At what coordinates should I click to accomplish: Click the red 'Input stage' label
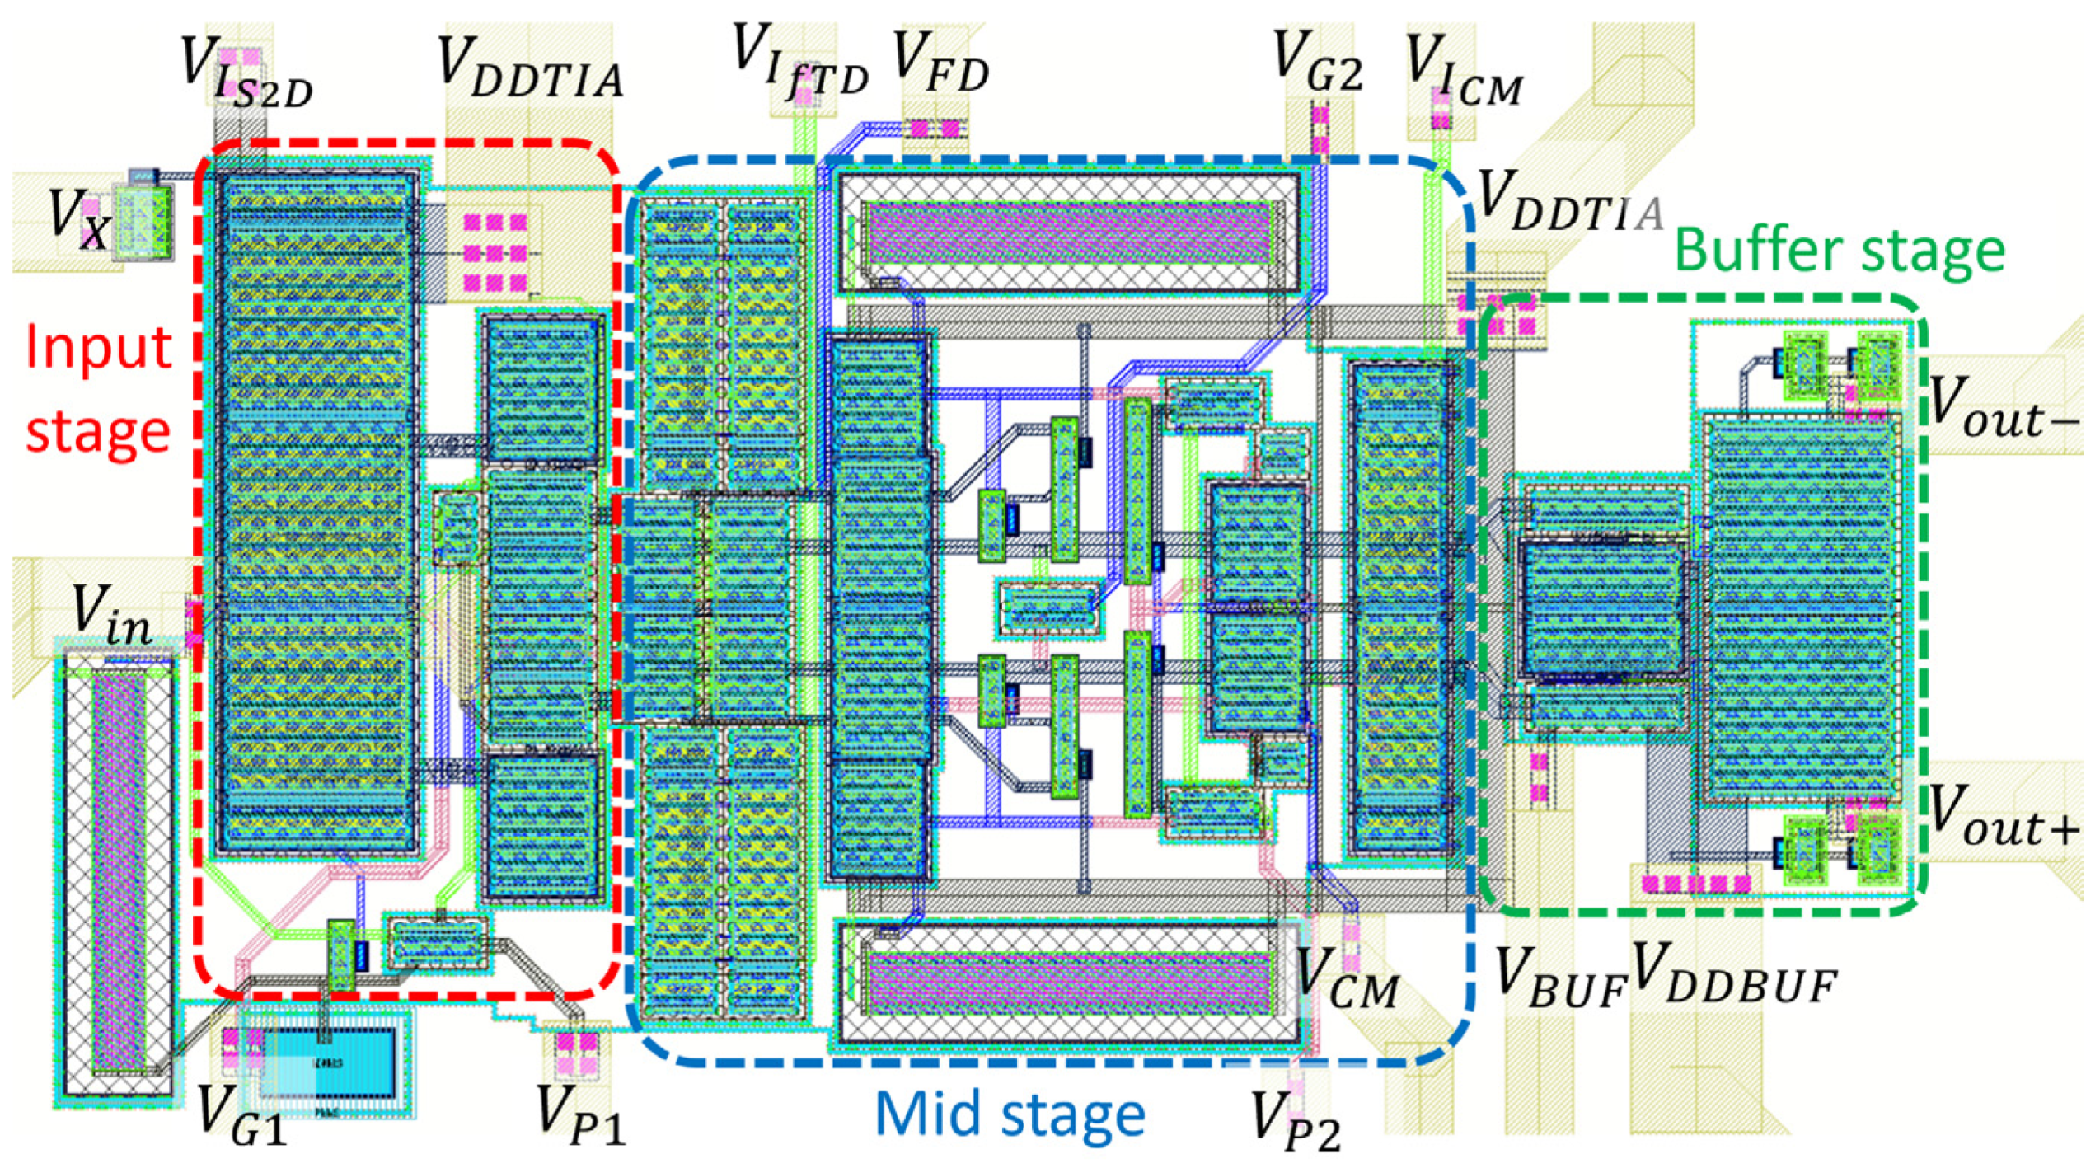click(x=97, y=387)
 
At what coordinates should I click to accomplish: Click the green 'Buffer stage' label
click(x=1840, y=251)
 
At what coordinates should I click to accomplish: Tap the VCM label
click(x=1347, y=981)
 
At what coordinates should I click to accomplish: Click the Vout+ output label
click(x=2003, y=816)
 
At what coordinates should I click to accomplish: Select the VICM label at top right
click(x=1463, y=70)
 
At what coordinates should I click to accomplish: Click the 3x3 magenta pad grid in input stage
click(x=495, y=252)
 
